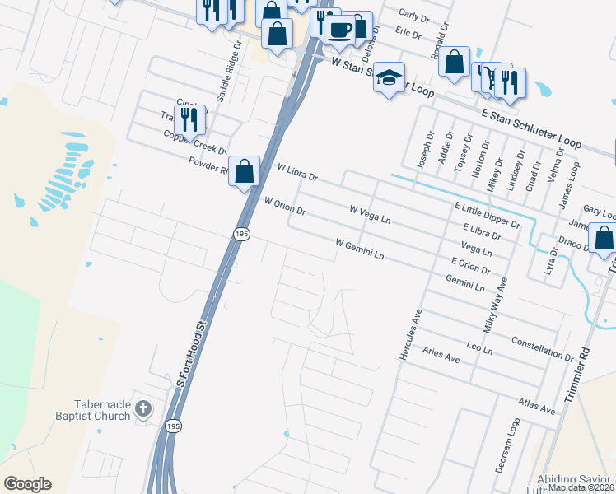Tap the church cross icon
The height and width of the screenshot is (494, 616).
(142, 408)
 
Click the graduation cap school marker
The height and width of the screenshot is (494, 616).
(390, 79)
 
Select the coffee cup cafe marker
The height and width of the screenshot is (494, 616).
(338, 30)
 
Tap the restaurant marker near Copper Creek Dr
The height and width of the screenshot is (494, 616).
(189, 120)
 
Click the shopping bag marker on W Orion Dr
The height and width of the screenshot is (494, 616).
(245, 172)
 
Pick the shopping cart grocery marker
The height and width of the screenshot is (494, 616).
(492, 79)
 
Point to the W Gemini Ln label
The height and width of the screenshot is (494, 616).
(360, 249)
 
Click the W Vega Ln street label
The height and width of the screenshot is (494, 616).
(370, 216)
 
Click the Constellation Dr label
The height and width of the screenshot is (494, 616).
(541, 348)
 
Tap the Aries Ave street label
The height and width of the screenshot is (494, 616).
(441, 354)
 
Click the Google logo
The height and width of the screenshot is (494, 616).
(27, 484)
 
